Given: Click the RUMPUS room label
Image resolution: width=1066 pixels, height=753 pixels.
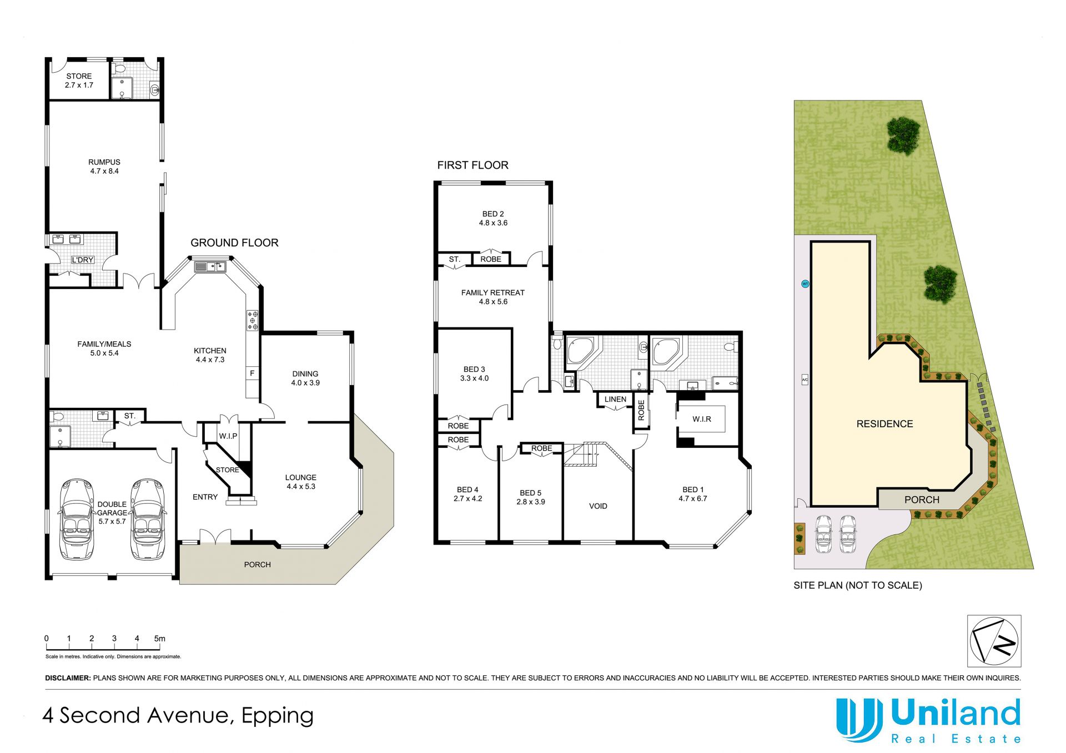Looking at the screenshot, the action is pyautogui.click(x=104, y=162).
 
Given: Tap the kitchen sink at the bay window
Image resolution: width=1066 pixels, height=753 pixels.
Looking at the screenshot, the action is pyautogui.click(x=210, y=267).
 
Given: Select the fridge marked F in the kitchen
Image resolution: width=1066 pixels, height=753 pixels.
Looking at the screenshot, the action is pyautogui.click(x=252, y=373).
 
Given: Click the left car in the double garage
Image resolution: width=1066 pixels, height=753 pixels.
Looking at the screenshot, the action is pyautogui.click(x=77, y=519).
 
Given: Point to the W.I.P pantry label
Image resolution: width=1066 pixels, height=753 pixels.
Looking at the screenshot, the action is pyautogui.click(x=228, y=436).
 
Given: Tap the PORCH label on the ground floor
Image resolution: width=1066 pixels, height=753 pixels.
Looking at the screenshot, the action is pyautogui.click(x=258, y=564).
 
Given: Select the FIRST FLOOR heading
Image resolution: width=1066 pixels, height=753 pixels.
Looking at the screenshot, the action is pyautogui.click(x=472, y=165).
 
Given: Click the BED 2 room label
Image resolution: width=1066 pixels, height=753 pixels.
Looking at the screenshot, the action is pyautogui.click(x=493, y=214).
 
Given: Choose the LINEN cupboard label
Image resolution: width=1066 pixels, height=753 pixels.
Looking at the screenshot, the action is pyautogui.click(x=615, y=399).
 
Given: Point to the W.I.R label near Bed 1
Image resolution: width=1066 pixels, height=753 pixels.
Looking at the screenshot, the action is pyautogui.click(x=702, y=419).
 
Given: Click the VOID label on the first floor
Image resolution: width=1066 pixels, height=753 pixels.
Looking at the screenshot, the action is pyautogui.click(x=598, y=506).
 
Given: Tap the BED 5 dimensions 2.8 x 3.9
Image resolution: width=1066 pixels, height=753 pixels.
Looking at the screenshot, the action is pyautogui.click(x=531, y=502).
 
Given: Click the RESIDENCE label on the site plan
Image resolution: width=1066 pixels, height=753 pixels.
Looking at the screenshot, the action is pyautogui.click(x=884, y=424).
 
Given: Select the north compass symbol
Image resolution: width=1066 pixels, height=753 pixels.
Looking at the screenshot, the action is pyautogui.click(x=994, y=641).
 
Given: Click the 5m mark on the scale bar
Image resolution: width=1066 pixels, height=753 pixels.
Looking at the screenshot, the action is pyautogui.click(x=160, y=639).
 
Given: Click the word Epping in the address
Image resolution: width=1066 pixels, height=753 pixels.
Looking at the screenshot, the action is pyautogui.click(x=278, y=716).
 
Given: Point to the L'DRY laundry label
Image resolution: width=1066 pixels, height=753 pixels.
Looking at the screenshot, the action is pyautogui.click(x=82, y=260).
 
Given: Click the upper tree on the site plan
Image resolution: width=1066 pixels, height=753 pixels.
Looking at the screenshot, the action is pyautogui.click(x=904, y=135).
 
